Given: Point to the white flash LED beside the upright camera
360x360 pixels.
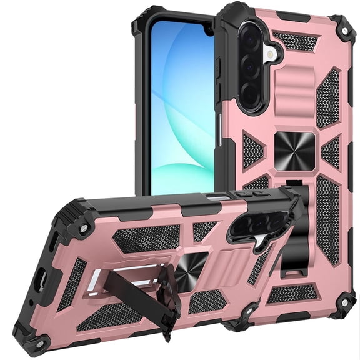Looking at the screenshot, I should pyautogui.click(x=271, y=55).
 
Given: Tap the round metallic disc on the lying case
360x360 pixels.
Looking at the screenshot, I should pyautogui.click(x=187, y=274).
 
